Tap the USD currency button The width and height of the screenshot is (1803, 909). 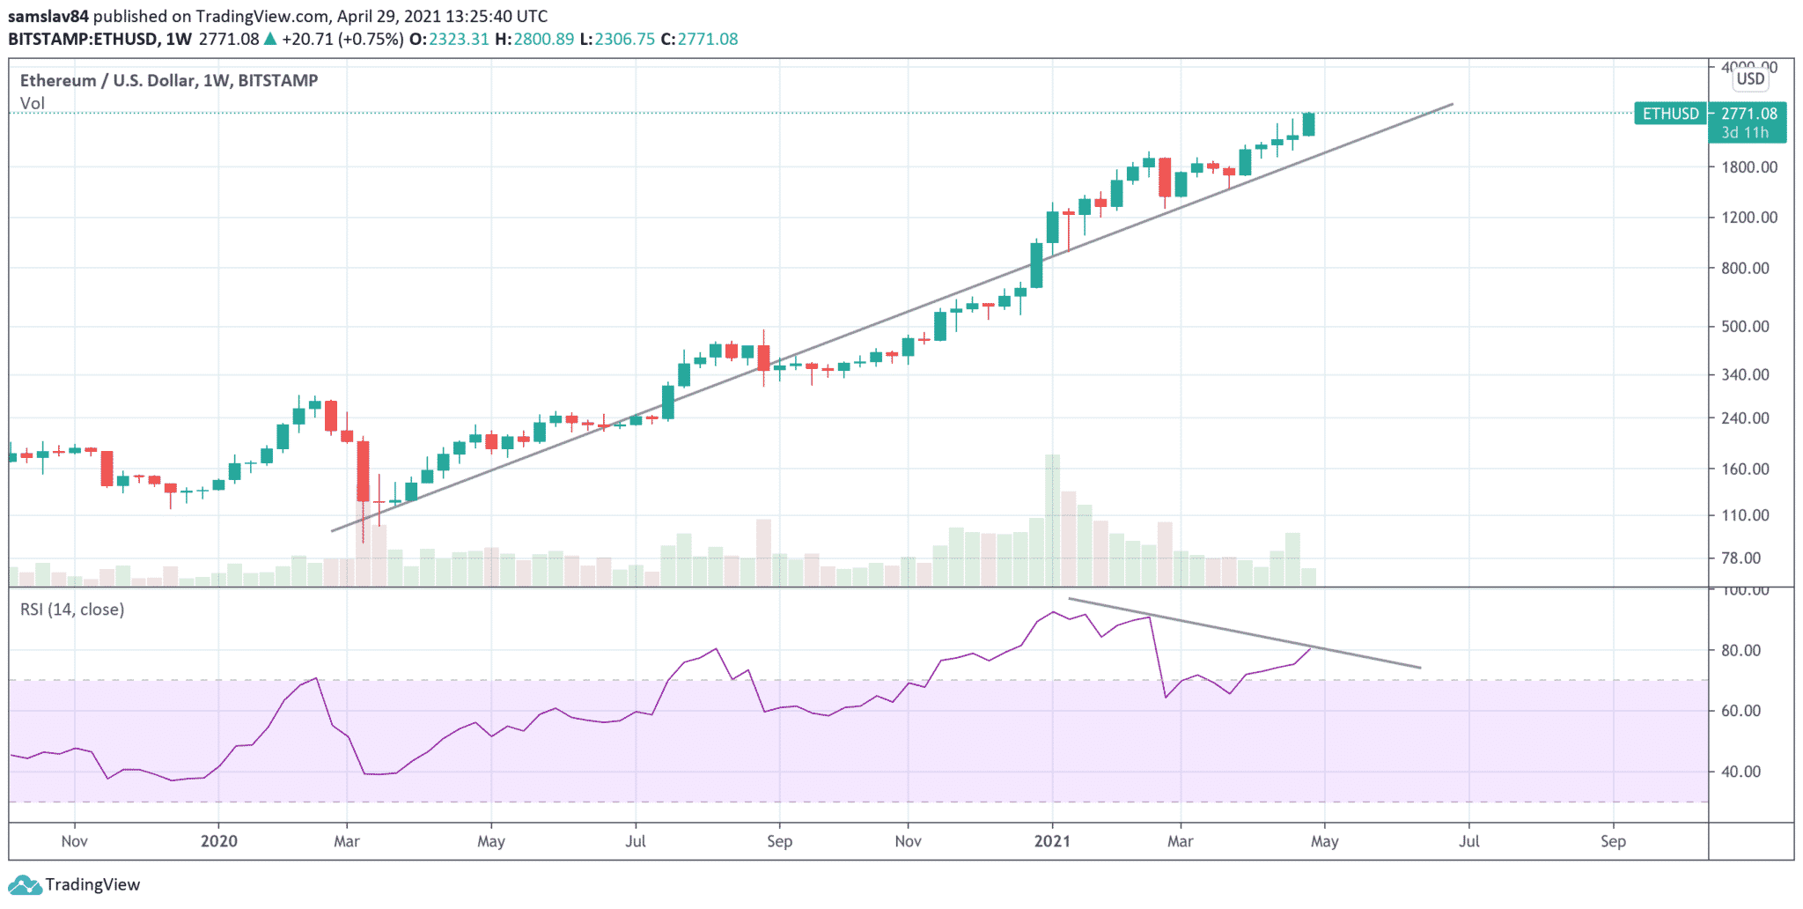coord(1750,79)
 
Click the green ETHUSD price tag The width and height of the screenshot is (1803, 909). coord(1670,114)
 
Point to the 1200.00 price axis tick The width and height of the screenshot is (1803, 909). coord(1748,218)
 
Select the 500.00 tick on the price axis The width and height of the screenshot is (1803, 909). coord(1745,327)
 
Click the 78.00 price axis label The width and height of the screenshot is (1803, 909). coord(1740,558)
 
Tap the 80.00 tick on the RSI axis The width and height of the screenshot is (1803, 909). coord(1740,651)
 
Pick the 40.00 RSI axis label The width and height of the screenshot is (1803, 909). coord(1740,772)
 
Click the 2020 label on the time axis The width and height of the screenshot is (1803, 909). coord(218,841)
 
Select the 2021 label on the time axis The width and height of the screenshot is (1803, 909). coord(1052,841)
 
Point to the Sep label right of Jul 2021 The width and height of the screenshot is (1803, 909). coord(1613,841)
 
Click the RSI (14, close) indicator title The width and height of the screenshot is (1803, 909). coord(72,610)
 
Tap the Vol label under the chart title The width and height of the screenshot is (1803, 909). coord(33,103)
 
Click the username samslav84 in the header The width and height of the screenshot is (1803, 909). coord(48,16)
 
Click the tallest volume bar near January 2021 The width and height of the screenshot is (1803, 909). coord(1052,520)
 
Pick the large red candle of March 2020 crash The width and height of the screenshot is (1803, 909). coord(363,471)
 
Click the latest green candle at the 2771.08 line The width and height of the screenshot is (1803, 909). coord(1309,124)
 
